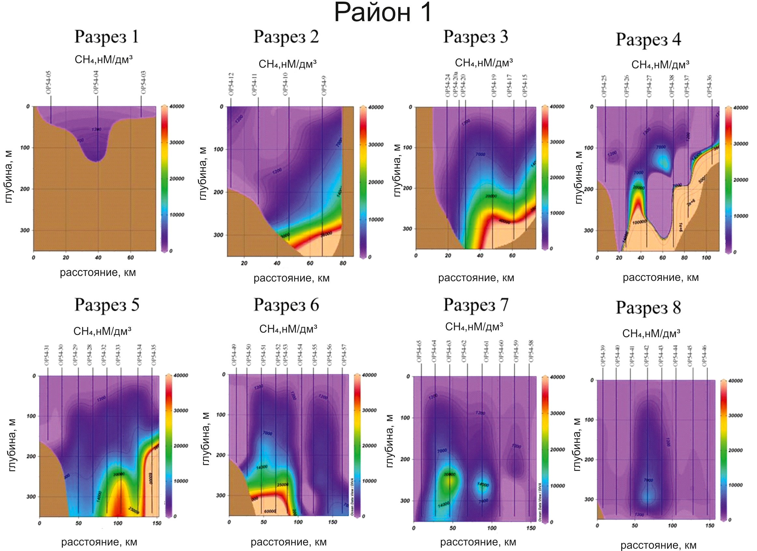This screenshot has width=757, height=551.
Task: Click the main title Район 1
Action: coord(383,13)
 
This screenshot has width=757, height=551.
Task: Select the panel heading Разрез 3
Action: coord(475,37)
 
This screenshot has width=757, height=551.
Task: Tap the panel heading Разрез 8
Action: coord(648,307)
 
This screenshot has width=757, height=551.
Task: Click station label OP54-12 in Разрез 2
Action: coord(231,84)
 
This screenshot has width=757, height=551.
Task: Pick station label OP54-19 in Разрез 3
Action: coord(494,86)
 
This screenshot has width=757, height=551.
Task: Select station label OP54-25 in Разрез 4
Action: coord(604,86)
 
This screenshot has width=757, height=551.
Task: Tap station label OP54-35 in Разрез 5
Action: coord(154,355)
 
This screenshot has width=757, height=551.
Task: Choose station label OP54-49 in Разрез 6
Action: coord(234,355)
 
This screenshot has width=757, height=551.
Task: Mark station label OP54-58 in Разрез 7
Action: coord(531,351)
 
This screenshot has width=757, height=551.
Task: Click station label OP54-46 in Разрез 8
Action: coord(705,356)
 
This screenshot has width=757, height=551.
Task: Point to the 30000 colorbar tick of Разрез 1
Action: coord(176,143)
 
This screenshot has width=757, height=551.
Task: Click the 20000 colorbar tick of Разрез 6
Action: coord(369,446)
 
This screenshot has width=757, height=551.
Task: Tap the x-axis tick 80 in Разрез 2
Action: coord(343,263)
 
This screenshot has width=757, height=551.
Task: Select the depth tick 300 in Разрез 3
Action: coord(407,229)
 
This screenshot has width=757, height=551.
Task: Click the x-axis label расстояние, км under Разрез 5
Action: coord(99,542)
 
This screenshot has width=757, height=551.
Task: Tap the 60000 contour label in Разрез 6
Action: coord(270,511)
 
